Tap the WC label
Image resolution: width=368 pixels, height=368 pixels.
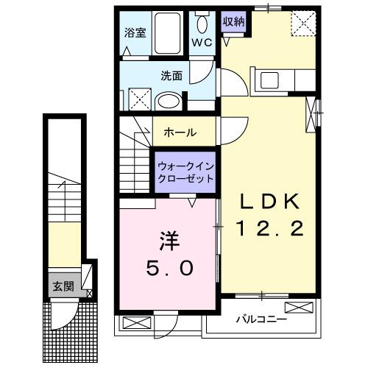[202, 43]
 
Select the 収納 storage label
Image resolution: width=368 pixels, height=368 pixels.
[234, 21]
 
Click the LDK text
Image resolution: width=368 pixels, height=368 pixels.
[270, 202]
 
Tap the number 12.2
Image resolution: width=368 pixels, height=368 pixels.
[271, 230]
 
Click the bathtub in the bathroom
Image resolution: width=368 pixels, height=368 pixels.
[171, 32]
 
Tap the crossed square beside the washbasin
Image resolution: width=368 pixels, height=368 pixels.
[138, 98]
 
